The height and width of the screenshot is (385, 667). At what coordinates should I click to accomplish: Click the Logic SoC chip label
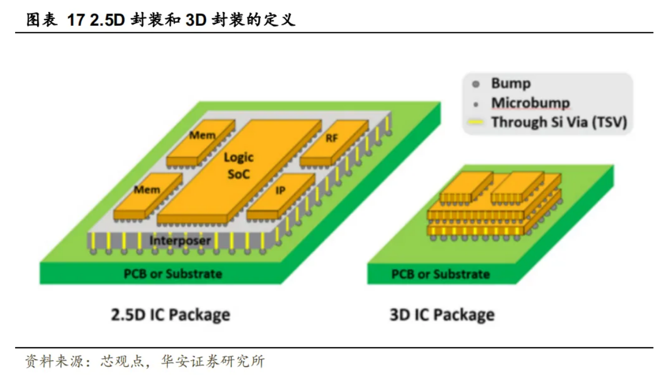tap(238, 165)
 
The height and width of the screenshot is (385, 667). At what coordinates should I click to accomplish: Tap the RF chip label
tap(332, 138)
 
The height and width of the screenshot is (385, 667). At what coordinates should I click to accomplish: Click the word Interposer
tap(180, 240)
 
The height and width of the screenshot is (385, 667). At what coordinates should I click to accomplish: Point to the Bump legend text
tap(510, 84)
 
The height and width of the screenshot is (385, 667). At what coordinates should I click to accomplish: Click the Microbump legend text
tap(530, 103)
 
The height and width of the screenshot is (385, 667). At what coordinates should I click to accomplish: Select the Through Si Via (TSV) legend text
tap(559, 122)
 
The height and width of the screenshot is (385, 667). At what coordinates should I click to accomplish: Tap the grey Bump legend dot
tap(476, 85)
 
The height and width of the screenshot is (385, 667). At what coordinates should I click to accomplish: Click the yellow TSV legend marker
tap(476, 123)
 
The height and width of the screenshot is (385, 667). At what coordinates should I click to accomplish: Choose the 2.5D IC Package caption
tap(171, 314)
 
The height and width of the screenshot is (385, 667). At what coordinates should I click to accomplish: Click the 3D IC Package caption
tap(442, 314)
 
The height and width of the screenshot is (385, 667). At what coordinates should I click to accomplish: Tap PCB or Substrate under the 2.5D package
tap(173, 274)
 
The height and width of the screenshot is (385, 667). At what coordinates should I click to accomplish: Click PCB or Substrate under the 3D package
tap(441, 274)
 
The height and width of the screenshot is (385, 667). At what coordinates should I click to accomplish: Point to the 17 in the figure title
tap(76, 20)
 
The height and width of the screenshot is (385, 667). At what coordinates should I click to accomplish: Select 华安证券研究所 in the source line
tap(213, 361)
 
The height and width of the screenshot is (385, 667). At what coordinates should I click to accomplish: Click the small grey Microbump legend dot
tap(476, 104)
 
